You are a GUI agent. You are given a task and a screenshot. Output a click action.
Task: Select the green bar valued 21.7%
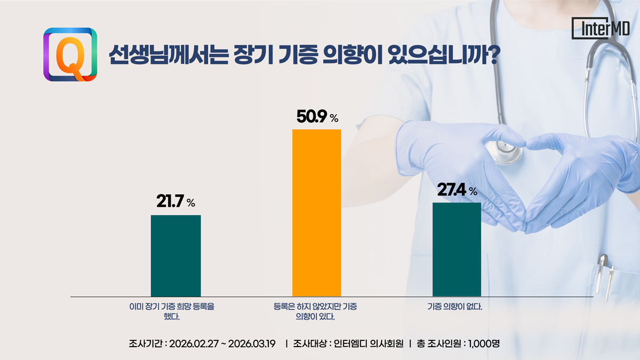pos(175,255)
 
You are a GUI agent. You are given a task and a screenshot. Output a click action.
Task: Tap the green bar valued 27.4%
pos(457,249)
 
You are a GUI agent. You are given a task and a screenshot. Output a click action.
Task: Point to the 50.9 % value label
pos(317,117)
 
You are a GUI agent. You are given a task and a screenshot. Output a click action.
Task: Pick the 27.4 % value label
pos(457,190)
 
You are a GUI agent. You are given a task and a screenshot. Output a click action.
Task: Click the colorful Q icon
pos(70,54)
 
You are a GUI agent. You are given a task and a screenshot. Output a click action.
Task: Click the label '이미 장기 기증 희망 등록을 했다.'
pos(175,311)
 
